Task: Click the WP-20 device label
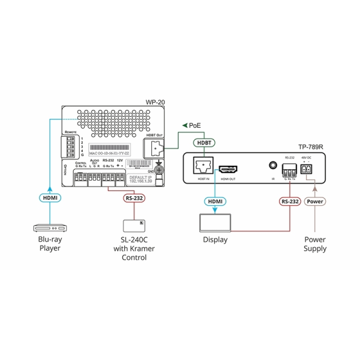[x=155, y=103]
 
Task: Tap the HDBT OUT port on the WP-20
[x=155, y=148]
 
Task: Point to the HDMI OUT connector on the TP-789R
[x=228, y=170]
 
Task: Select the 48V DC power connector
[x=308, y=170]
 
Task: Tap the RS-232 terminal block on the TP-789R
[x=289, y=169]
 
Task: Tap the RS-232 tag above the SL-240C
[x=134, y=198]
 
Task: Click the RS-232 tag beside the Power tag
[x=289, y=202]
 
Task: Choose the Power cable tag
[x=315, y=202]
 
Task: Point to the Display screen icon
[x=215, y=223]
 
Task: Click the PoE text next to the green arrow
[x=196, y=125]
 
